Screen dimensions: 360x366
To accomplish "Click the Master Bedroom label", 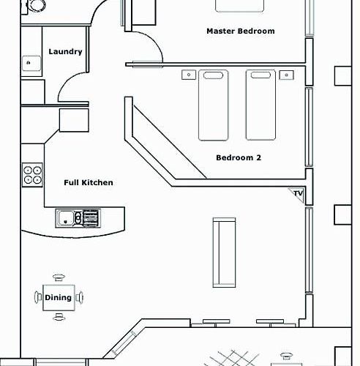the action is click(x=241, y=31).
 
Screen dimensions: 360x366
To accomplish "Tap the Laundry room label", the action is click(x=65, y=51).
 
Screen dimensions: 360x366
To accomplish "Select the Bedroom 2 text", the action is click(x=239, y=157).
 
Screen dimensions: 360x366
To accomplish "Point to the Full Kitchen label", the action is click(x=89, y=182).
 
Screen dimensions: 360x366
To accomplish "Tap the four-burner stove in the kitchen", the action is click(x=32, y=175).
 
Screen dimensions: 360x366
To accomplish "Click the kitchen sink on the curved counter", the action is click(x=78, y=218).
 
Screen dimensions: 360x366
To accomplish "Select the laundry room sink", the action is click(x=31, y=63).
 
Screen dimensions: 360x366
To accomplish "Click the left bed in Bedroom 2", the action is click(x=213, y=105).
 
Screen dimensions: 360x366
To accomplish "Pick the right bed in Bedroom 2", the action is click(x=260, y=105).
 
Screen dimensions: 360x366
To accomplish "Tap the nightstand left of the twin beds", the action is click(x=189, y=75).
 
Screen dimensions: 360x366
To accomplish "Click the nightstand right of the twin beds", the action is click(x=286, y=75).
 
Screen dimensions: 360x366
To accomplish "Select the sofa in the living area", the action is click(x=224, y=253).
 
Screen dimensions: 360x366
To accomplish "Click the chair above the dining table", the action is click(x=59, y=277).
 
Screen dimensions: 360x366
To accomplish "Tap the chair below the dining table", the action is click(x=59, y=317).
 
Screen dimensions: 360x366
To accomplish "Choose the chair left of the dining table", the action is click(x=38, y=297).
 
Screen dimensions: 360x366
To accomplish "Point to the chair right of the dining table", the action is click(x=80, y=297).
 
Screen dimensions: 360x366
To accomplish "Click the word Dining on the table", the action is click(x=59, y=298).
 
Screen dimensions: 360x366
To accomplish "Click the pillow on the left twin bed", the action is click(x=213, y=75).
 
